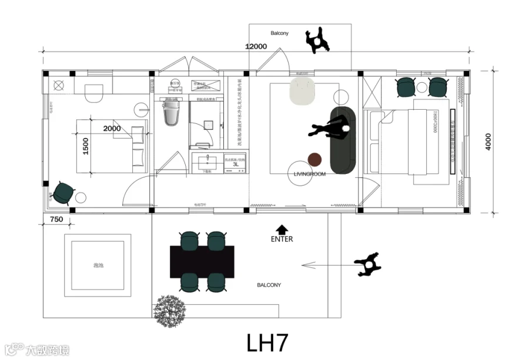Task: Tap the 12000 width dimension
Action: click(256, 47)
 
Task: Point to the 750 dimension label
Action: click(57, 219)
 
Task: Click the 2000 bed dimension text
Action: click(112, 128)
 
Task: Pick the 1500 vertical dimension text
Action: click(86, 145)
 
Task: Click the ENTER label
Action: click(282, 239)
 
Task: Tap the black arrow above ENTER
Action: click(282, 229)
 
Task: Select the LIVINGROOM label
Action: click(309, 174)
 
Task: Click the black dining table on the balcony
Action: click(202, 261)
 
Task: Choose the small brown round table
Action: click(316, 159)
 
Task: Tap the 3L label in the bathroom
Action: click(236, 165)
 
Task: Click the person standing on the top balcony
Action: click(318, 41)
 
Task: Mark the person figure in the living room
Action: click(329, 127)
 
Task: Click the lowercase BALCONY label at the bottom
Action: click(269, 285)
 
